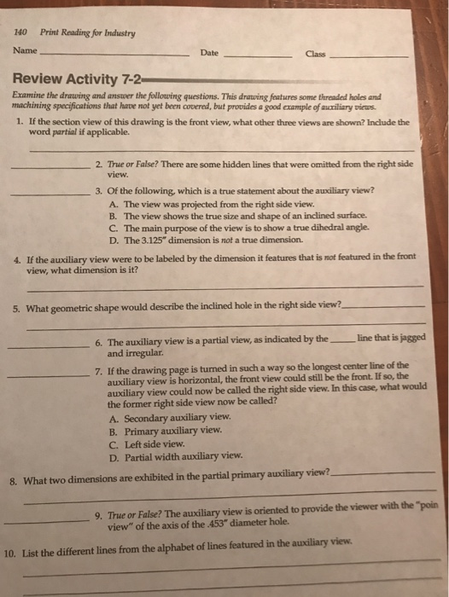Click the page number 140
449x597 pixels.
pos(21,33)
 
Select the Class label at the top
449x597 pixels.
pos(315,55)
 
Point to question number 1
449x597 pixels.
pos(19,122)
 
